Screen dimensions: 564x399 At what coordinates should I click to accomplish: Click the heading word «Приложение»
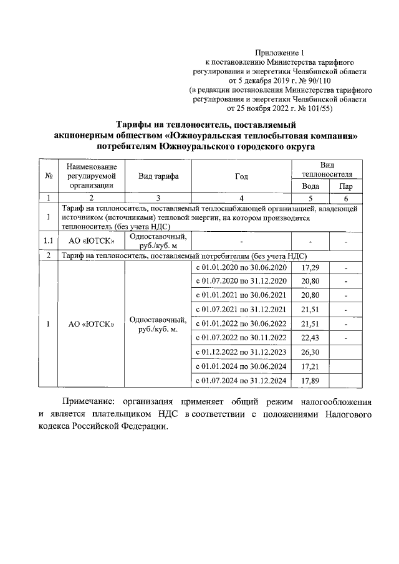click(x=276, y=54)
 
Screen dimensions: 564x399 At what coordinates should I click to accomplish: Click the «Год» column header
click(x=241, y=176)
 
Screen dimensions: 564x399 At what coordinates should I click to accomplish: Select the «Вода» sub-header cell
click(x=310, y=186)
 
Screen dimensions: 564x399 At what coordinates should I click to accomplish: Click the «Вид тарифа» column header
click(x=158, y=176)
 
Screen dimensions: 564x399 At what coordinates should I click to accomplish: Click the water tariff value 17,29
click(x=310, y=268)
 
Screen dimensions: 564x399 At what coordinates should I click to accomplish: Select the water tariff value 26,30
click(x=310, y=352)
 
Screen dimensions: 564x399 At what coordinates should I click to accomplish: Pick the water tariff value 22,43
click(x=310, y=338)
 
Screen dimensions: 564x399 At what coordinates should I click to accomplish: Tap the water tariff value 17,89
click(x=310, y=380)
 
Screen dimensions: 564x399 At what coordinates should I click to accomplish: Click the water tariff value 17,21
click(x=310, y=366)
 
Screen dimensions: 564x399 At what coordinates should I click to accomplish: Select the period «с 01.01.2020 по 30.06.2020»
click(x=241, y=268)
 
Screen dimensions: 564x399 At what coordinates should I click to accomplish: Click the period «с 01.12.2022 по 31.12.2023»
click(x=241, y=352)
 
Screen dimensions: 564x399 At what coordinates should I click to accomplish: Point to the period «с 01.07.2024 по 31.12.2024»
click(x=241, y=380)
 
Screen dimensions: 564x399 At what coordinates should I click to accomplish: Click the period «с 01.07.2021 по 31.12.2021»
click(x=241, y=310)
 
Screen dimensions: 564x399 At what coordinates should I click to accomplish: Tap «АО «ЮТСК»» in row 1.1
click(x=91, y=241)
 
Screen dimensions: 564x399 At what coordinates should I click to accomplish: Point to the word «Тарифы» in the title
click(x=138, y=124)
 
